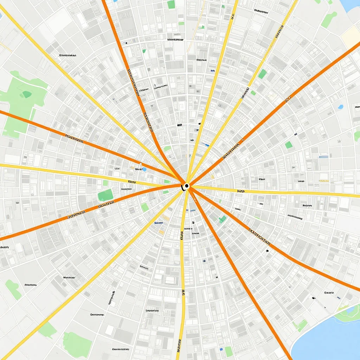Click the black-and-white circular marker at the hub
pyautogui.click(x=186, y=186)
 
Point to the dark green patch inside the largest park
pyautogui.click(x=26, y=94)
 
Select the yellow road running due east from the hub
pyautogui.click(x=281, y=193)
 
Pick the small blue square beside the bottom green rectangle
pyautogui.click(x=221, y=349)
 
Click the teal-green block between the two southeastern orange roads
pyautogui.click(x=223, y=219)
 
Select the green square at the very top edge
pyautogui.click(x=171, y=5)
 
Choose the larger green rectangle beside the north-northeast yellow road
pyautogui.click(x=262, y=74)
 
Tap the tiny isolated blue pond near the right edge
pyautogui.click(x=340, y=107)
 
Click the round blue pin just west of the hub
pyautogui.click(x=144, y=169)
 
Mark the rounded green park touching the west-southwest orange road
pyautogui.click(x=105, y=195)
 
